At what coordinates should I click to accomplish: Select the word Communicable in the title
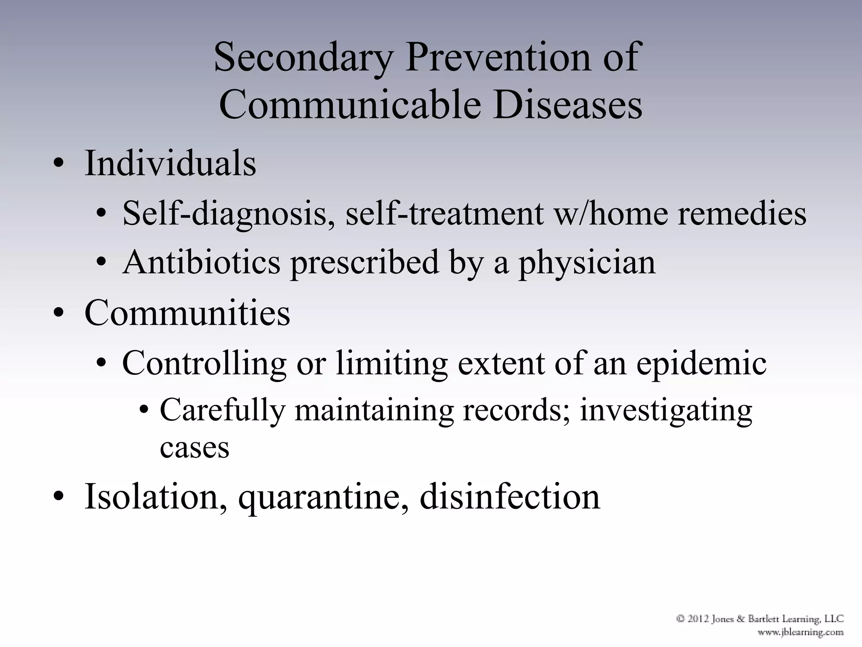(x=350, y=104)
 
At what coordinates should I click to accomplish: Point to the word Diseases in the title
(x=567, y=104)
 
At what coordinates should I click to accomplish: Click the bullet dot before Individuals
(x=59, y=165)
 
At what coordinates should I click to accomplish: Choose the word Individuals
(x=170, y=163)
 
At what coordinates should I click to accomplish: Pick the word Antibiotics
(x=201, y=262)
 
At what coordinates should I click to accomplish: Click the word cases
(x=194, y=447)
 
